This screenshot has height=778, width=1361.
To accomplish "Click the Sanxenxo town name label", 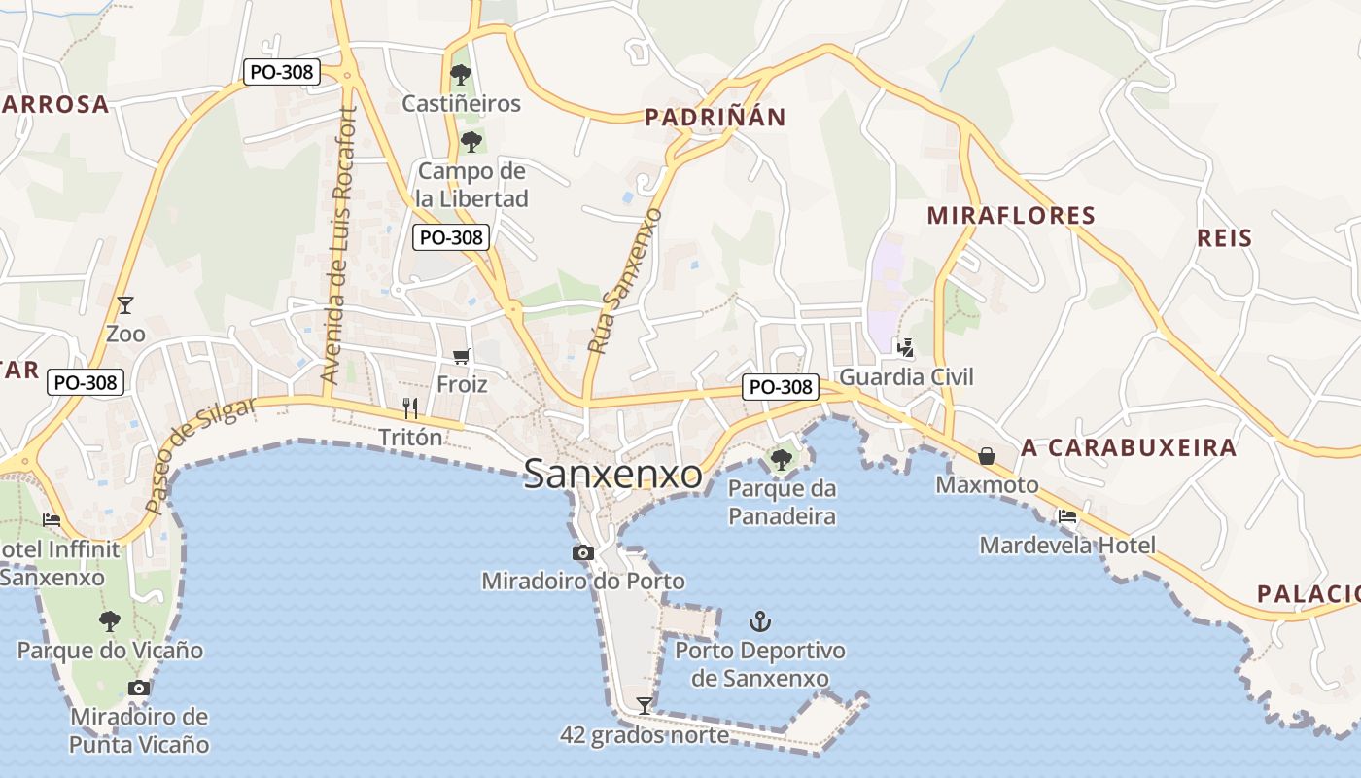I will [612, 474].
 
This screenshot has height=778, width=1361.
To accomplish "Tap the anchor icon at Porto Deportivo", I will [759, 620].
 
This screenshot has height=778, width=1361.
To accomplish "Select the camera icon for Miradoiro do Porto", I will [582, 553].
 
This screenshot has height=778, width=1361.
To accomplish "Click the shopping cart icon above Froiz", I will [461, 357].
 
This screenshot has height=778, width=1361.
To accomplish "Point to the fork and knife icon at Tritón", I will [410, 408].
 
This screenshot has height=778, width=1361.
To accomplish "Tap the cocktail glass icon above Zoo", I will [124, 304].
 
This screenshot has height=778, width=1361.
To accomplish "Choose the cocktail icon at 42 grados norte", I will [644, 705].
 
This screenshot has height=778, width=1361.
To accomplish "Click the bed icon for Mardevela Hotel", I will [1067, 516].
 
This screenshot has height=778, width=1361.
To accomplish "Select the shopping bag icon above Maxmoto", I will [987, 455].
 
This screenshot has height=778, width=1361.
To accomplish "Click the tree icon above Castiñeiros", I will [461, 74].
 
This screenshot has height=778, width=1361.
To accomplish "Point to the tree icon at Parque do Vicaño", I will [110, 620].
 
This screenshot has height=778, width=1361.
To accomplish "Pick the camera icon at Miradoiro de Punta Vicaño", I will [139, 689].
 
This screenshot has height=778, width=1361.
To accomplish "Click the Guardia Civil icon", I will [906, 347].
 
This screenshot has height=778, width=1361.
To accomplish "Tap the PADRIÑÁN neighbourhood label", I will [715, 118].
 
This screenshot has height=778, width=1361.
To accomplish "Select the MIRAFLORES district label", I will [1011, 215].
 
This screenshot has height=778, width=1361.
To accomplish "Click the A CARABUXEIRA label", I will [1129, 447].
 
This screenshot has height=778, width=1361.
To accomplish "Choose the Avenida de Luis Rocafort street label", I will [339, 245].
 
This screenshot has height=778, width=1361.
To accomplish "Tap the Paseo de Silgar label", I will [200, 455].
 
